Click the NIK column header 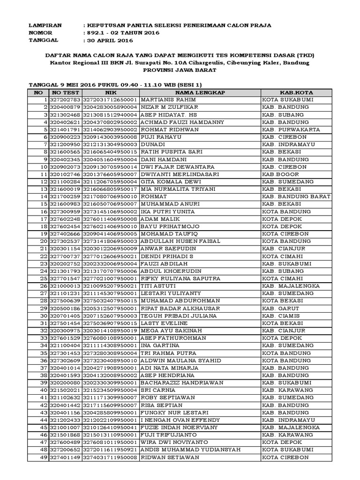coord(111,93)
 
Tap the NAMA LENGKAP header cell coord(200,93)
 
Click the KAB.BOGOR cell coord(277,174)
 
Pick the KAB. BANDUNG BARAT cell coord(293,196)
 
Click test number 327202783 coord(65,100)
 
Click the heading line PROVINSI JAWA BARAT coord(180,70)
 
